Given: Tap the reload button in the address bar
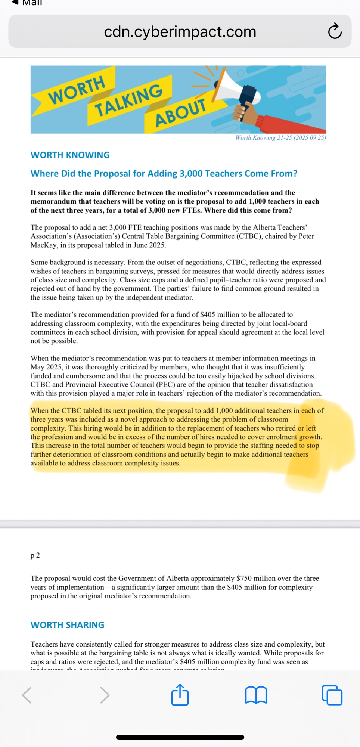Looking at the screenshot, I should coord(335,31).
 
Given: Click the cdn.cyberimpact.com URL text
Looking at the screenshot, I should coord(180,32).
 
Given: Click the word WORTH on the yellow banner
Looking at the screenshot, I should coord(77,90).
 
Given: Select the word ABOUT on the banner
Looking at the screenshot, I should coord(181,112).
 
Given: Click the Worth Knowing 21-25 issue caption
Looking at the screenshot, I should coord(280,138).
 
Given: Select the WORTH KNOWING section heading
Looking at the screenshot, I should coord(70,155).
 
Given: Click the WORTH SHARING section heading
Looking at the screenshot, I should coord(68,625).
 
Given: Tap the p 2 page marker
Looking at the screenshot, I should coord(35,555).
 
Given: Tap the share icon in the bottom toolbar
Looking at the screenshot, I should coord(180,695).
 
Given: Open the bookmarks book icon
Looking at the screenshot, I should coord(256,695).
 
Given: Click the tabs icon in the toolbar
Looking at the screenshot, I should coord(332,695).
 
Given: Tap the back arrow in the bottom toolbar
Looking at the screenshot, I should coord(27,695).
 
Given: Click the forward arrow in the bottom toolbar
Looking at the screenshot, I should coord(105,695).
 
